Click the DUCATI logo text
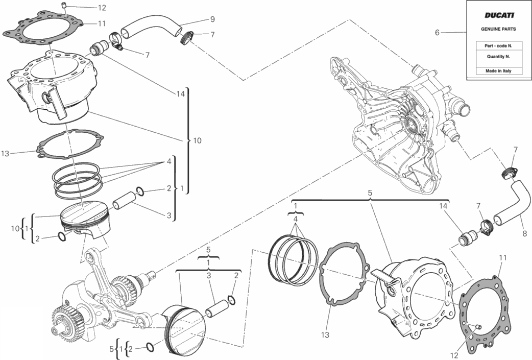coord(499,15)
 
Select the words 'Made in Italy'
coord(498,71)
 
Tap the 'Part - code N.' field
coord(498,46)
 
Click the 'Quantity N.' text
coord(498,57)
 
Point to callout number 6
coord(438,33)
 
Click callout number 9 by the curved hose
coord(212,19)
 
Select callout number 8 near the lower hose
coord(524,233)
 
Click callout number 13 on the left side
coord(5,154)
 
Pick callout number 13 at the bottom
coord(325,335)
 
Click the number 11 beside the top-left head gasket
coord(102,23)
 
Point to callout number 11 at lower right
coord(503,258)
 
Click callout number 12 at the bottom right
coord(454,355)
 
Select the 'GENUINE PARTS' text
coord(498,29)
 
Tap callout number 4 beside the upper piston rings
coord(169,161)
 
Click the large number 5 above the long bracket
coord(370,193)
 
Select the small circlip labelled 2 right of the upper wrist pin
coord(140,191)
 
